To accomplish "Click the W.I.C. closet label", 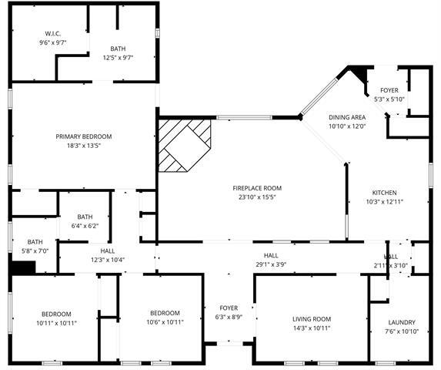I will point(53,33).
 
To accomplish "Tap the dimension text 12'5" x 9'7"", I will point(118,57).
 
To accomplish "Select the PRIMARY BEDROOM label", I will point(84,136).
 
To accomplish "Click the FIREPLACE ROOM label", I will point(257,188).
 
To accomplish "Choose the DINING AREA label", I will point(347,117).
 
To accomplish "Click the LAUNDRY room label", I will point(401,322).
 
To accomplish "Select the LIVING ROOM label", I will point(311,319).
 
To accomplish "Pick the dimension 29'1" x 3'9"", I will point(271,264).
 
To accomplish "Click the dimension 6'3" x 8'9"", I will point(229,317).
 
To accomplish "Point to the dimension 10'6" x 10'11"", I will point(165,321).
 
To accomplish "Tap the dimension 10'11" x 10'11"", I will point(56,322).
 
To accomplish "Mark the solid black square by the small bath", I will point(24,267).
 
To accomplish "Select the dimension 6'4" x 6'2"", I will point(85,226).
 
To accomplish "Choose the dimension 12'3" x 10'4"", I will point(108,259).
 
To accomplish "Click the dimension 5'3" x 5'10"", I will point(389,99).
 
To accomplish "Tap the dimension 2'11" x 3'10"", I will point(391,265).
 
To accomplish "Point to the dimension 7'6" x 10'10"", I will point(401,331).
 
